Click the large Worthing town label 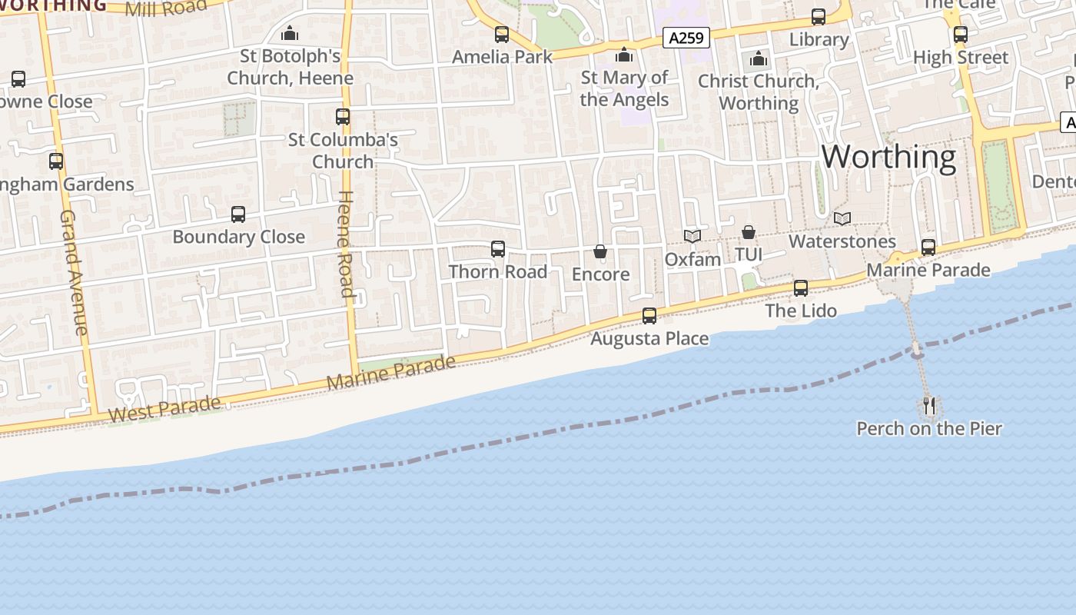tap(888, 157)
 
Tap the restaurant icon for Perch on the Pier tap(929, 405)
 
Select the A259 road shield tap(686, 38)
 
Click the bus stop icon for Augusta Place tap(649, 315)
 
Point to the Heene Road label tap(346, 244)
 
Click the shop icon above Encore tap(600, 251)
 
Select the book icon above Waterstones tap(842, 218)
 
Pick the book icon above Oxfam tap(692, 236)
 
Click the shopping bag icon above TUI tap(749, 231)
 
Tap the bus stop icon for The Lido tap(801, 288)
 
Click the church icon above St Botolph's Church tap(290, 33)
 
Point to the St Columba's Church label tap(343, 150)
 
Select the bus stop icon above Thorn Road tap(498, 248)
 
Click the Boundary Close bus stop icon tap(238, 214)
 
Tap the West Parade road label tap(164, 409)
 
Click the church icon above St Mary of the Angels tap(624, 55)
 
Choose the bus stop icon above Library tap(819, 17)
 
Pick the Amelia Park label tap(502, 57)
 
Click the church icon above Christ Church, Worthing tap(759, 58)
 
